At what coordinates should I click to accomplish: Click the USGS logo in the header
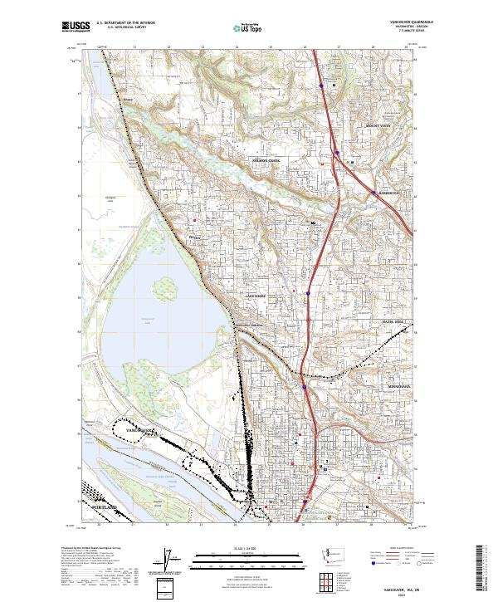coord(76,27)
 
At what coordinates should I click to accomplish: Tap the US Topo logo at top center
coord(248,27)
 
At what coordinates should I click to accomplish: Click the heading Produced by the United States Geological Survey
coord(86,549)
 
